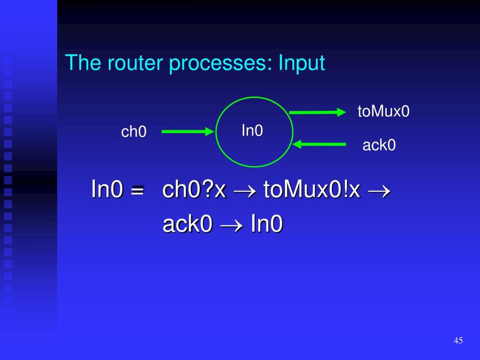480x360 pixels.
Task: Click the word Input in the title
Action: [301, 63]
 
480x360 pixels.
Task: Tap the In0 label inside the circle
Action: [252, 131]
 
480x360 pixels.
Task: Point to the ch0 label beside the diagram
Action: [134, 132]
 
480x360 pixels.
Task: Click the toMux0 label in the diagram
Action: [383, 112]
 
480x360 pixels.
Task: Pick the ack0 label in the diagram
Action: [379, 145]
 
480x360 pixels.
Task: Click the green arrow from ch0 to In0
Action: [187, 132]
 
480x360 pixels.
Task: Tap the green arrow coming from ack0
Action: [319, 144]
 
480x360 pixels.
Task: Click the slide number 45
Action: [458, 340]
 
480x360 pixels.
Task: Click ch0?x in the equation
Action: [195, 190]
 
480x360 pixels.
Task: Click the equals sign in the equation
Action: [136, 191]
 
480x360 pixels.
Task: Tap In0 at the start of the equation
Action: [107, 190]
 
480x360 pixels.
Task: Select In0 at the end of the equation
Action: [267, 224]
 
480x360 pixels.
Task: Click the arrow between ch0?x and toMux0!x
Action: [245, 191]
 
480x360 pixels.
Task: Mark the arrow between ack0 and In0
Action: [232, 225]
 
